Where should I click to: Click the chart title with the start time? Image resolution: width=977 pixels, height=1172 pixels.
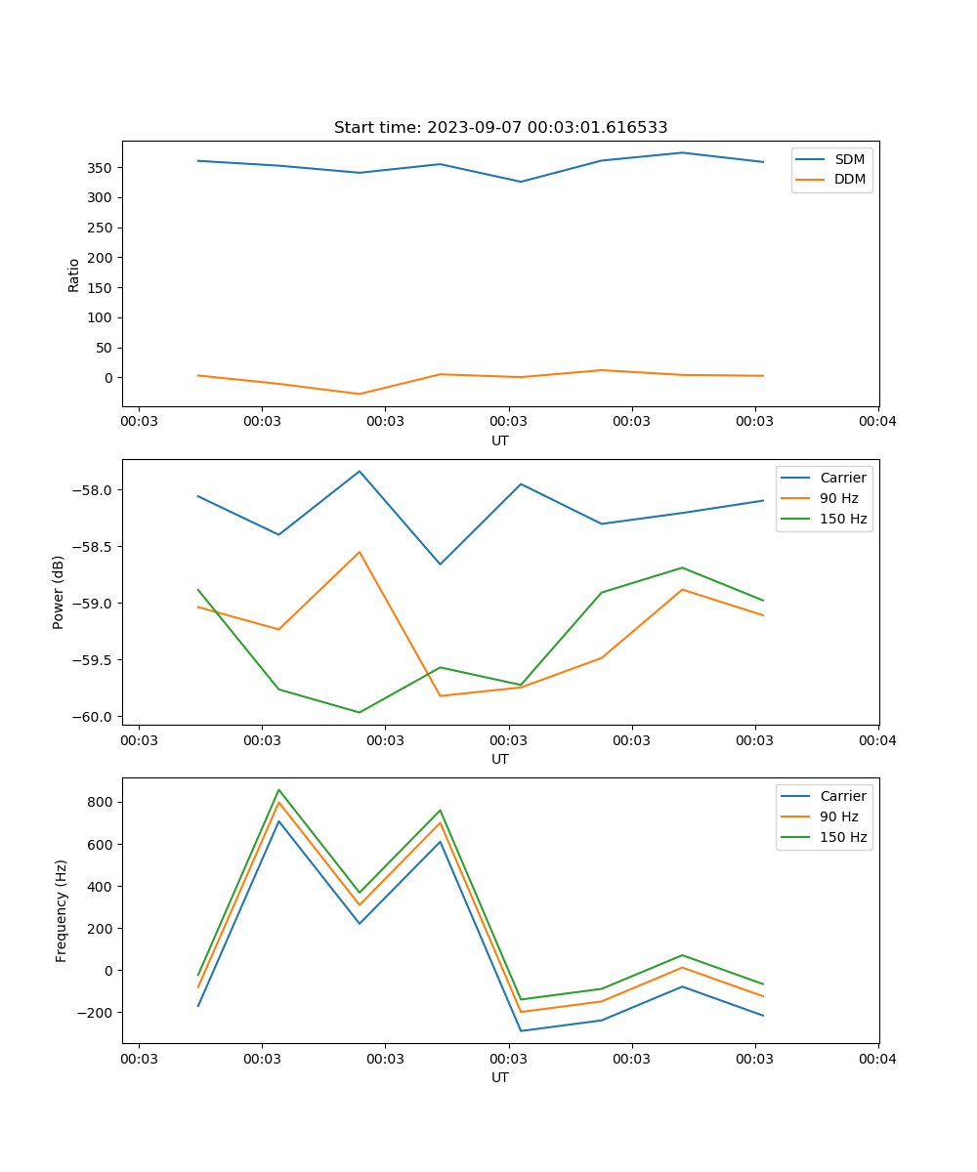tap(500, 128)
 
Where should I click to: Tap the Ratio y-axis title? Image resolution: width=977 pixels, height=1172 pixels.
tap(74, 274)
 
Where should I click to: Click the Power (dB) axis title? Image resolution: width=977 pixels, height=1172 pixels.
tap(60, 592)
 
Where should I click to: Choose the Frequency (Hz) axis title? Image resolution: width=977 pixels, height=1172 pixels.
tap(62, 910)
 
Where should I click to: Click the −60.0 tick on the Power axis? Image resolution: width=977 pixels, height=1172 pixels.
tap(95, 717)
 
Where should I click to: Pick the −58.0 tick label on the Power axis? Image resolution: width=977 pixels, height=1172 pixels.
tap(95, 490)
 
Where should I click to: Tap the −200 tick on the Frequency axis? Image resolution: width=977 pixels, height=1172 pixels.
tap(95, 1013)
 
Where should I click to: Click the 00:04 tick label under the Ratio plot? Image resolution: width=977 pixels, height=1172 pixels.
tap(877, 421)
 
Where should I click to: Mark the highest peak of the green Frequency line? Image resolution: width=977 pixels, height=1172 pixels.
tap(278, 790)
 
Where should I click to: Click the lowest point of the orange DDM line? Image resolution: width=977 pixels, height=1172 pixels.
tap(360, 395)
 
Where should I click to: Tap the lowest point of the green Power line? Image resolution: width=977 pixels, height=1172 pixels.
tap(360, 712)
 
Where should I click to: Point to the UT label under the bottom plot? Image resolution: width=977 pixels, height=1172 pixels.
tap(500, 1077)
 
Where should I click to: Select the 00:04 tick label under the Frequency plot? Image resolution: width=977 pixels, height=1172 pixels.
tap(877, 1058)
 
